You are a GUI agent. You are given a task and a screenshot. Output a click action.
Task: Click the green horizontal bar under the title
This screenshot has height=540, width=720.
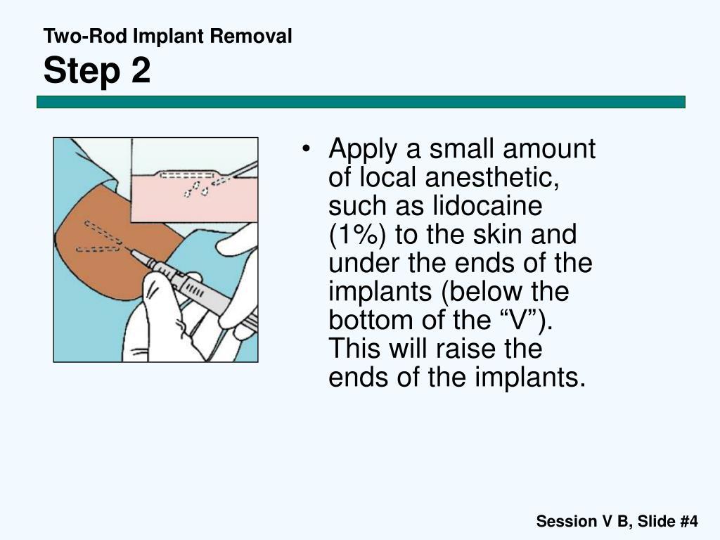tap(361, 102)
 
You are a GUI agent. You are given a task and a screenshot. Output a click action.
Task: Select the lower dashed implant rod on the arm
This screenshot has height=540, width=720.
tap(98, 249)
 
